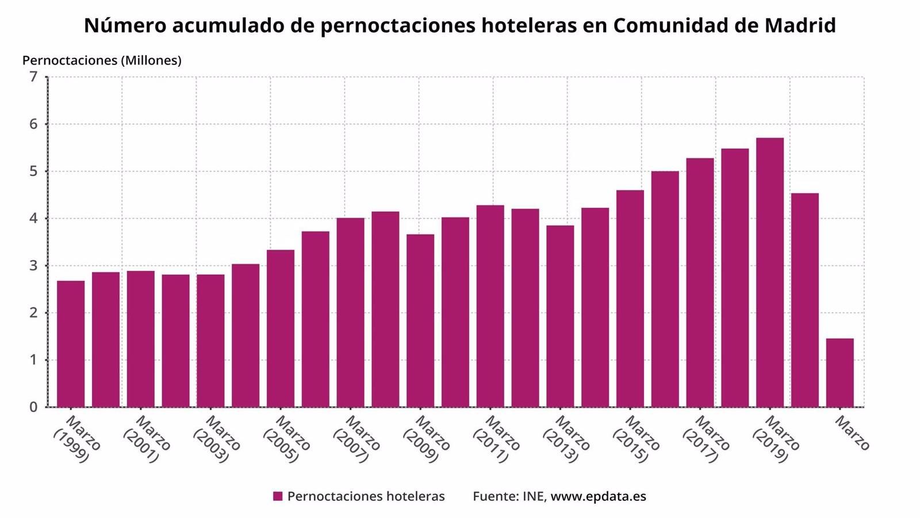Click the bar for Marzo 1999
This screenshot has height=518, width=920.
pyautogui.click(x=71, y=344)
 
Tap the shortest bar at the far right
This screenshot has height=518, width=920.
pyautogui.click(x=839, y=372)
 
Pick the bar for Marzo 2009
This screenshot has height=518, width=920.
pyautogui.click(x=420, y=321)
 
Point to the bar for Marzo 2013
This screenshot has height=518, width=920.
pyautogui.click(x=560, y=316)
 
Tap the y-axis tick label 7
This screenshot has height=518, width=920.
pyautogui.click(x=33, y=77)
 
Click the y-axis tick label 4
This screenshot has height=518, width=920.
pyautogui.click(x=33, y=219)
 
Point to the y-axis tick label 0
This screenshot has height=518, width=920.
pyautogui.click(x=33, y=407)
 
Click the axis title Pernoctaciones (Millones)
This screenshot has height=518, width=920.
pyautogui.click(x=102, y=60)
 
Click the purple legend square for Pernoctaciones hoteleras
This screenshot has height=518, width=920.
pyautogui.click(x=278, y=496)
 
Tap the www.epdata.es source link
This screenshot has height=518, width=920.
pyautogui.click(x=598, y=496)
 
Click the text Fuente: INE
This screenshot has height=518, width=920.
pyautogui.click(x=508, y=496)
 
